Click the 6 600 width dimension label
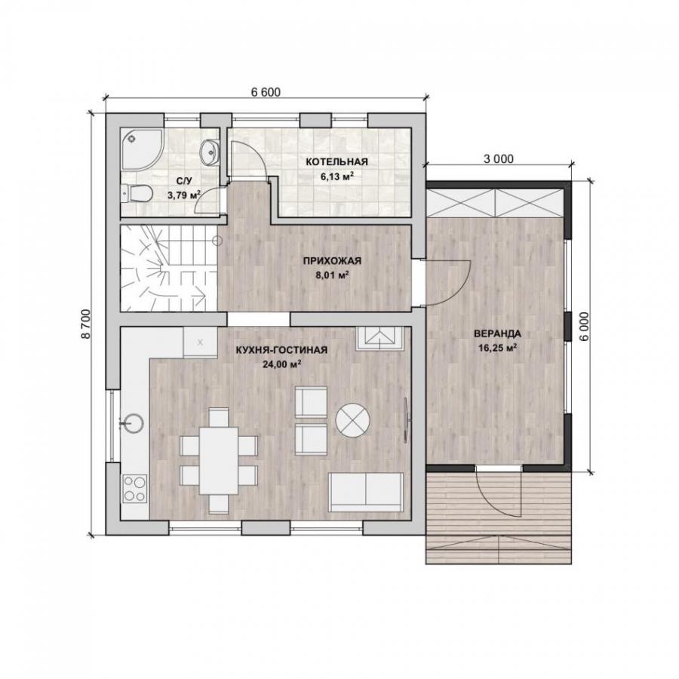pyautogui.click(x=266, y=92)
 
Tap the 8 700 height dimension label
pyautogui.click(x=86, y=324)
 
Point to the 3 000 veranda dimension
pyautogui.click(x=499, y=159)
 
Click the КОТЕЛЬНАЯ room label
pyautogui.click(x=336, y=162)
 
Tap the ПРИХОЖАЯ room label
pyautogui.click(x=332, y=261)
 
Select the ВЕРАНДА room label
pyautogui.click(x=497, y=334)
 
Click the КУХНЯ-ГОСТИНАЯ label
pyautogui.click(x=281, y=350)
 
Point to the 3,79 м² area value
pyautogui.click(x=184, y=195)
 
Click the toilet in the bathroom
pyautogui.click(x=137, y=193)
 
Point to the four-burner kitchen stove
pyautogui.click(x=135, y=488)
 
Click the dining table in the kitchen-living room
pyautogui.click(x=219, y=461)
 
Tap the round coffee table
pyautogui.click(x=353, y=420)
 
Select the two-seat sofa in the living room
pyautogui.click(x=366, y=492)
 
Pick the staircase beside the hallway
pyautogui.click(x=168, y=268)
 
